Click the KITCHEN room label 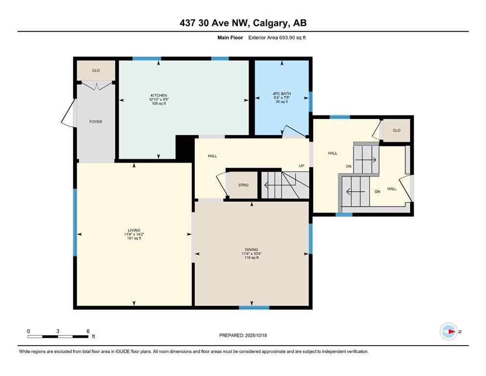[159, 95]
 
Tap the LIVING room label [134, 230]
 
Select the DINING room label [252, 249]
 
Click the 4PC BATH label [281, 94]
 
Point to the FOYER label [96, 121]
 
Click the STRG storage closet [243, 185]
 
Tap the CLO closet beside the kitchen [96, 70]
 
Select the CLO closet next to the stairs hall [396, 130]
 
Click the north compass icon [448, 331]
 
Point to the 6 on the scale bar [88, 331]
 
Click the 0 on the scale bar [28, 331]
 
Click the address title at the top [243, 23]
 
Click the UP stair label [301, 165]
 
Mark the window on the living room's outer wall [75, 222]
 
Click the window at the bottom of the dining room [254, 307]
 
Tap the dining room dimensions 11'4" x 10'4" [252, 254]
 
